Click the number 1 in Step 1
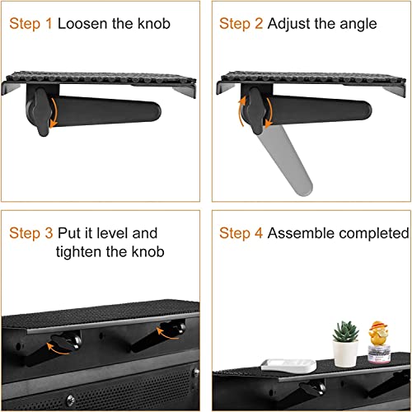coord(49,23)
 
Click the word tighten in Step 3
coord(78,252)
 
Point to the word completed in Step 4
coord(374,234)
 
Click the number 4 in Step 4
coord(259,233)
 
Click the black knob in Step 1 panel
coord(42,112)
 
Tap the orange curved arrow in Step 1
coord(54,113)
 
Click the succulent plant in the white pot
coord(345,331)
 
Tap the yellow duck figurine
coord(378,334)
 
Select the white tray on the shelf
coord(288,366)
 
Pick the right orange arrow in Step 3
coord(167,334)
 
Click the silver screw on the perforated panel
coord(70,399)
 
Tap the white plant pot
coord(345,353)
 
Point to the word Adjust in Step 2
coord(288,24)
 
